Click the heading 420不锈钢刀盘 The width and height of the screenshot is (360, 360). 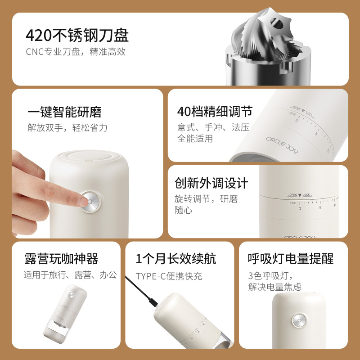[77, 35]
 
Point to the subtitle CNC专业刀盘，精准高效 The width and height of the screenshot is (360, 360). [76, 51]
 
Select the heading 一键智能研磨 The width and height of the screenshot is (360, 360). [65, 112]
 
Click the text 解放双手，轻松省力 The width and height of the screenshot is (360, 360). [67, 127]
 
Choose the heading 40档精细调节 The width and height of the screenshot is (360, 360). [215, 112]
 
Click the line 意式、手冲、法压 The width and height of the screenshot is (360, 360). [213, 127]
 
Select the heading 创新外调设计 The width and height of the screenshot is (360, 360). [211, 183]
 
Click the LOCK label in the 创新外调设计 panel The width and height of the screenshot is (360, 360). [307, 195]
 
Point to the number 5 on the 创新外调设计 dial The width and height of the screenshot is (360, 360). [320, 207]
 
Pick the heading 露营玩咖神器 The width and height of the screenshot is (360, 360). [61, 259]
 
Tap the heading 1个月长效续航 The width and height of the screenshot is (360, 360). [176, 259]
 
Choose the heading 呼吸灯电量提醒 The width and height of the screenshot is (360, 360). [291, 259]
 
